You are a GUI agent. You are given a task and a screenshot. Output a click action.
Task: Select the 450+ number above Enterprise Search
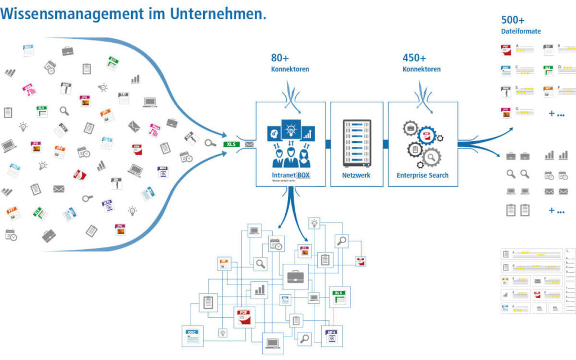414,58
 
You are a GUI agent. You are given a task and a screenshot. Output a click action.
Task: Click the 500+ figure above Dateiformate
512,20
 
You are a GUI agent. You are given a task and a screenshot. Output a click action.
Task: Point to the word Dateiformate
521,31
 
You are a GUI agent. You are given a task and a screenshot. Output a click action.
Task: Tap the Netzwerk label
357,175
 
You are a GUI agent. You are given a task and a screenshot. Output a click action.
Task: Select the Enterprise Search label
422,175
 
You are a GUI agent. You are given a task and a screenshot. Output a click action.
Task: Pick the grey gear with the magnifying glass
431,155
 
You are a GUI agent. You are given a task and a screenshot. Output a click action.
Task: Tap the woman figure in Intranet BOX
304,157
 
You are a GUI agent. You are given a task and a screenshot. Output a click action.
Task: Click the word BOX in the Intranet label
304,175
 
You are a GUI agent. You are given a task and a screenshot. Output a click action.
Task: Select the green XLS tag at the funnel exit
231,144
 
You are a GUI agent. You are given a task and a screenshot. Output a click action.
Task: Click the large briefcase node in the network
295,276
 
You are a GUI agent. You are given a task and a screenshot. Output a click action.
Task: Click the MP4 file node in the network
332,336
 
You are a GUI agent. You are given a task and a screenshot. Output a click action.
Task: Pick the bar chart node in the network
259,289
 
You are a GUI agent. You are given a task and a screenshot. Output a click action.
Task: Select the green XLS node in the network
339,296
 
